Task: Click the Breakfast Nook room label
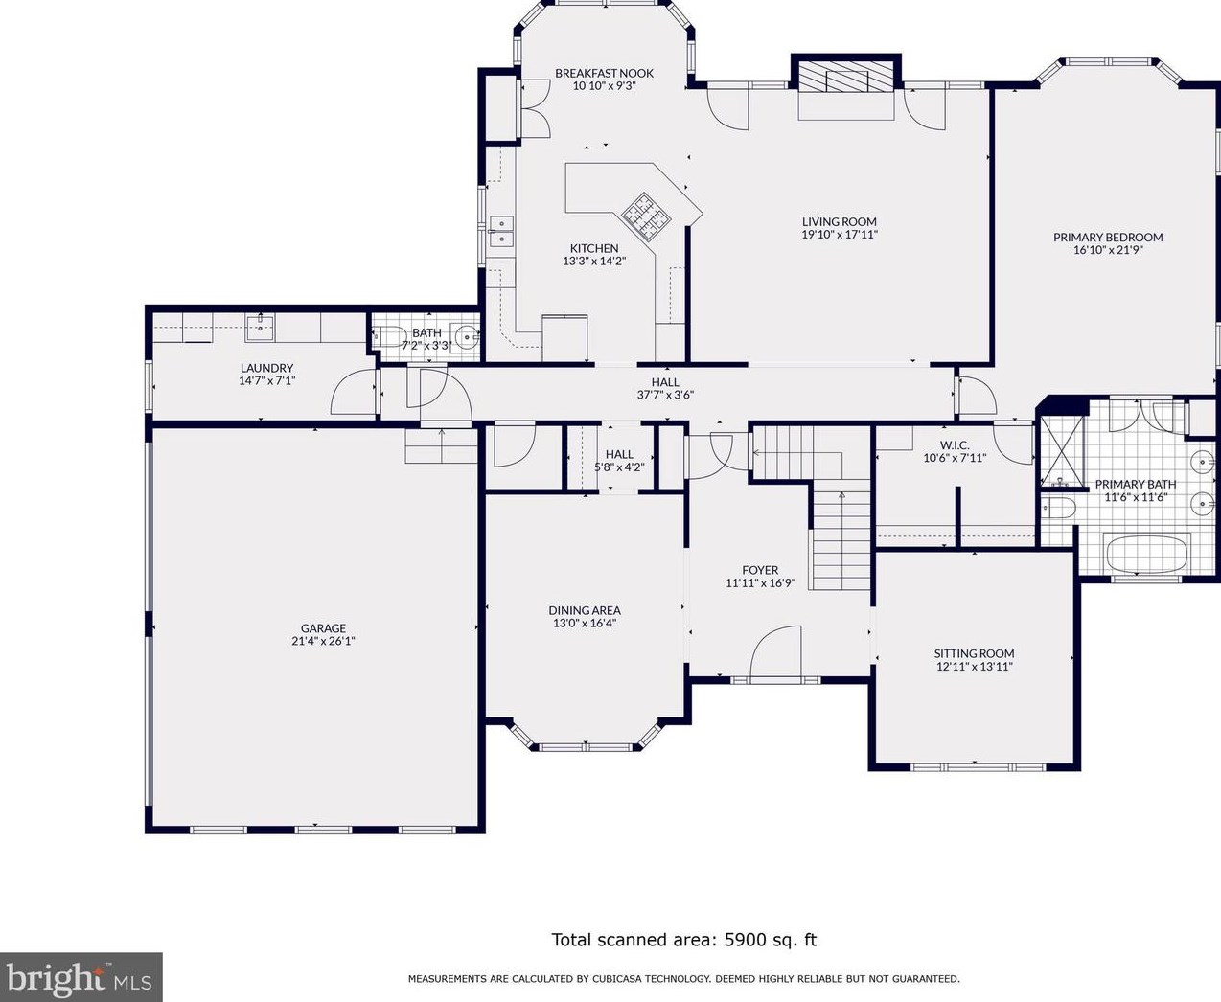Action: (604, 73)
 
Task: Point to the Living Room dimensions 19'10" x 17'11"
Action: (840, 234)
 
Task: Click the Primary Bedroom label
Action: (1108, 238)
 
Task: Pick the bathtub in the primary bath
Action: (1146, 554)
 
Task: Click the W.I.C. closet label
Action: (954, 445)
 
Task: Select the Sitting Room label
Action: (974, 653)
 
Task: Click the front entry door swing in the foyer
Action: (774, 653)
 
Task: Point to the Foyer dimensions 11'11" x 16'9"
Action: (760, 582)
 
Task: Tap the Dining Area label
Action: (585, 610)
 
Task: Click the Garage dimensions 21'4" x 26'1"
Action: (323, 641)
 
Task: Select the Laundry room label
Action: (266, 368)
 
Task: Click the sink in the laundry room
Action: (260, 326)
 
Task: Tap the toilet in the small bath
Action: (389, 336)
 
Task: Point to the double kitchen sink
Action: (501, 231)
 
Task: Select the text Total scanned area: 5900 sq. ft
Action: (683, 940)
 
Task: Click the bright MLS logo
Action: (81, 978)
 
